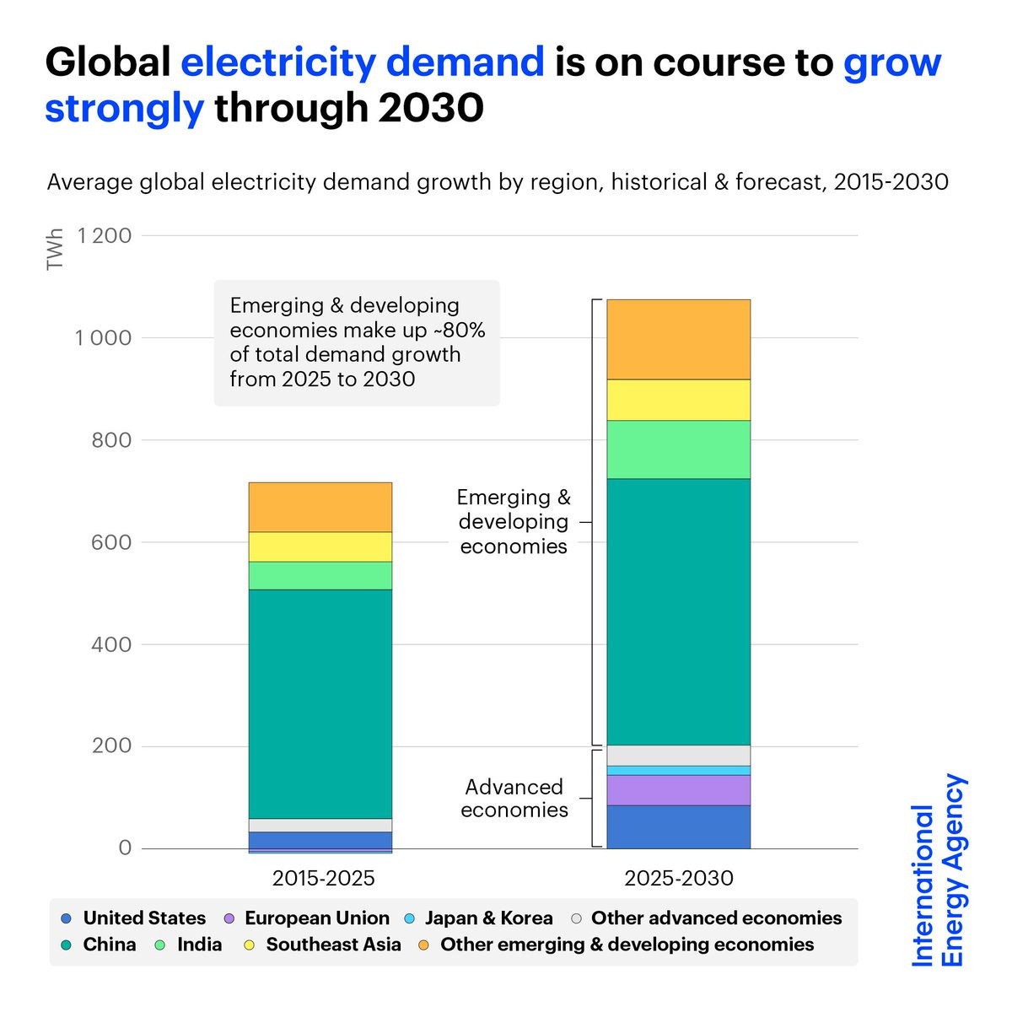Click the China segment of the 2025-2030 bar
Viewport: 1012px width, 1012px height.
pos(678,611)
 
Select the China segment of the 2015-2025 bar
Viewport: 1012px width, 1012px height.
pos(320,703)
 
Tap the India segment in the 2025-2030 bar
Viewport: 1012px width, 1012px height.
pos(678,449)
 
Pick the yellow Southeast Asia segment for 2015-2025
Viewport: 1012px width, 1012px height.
pos(320,546)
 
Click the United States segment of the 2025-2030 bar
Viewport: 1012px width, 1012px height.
pos(678,826)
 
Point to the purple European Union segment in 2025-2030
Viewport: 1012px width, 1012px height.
pos(678,790)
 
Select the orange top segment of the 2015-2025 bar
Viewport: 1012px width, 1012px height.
pos(320,507)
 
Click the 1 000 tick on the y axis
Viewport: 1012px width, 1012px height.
pos(104,338)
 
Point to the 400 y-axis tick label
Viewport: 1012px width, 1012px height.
pos(111,644)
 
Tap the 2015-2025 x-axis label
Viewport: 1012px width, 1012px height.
pos(323,878)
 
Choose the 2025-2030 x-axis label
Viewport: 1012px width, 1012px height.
pos(679,878)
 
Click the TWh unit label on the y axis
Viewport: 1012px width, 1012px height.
pos(56,250)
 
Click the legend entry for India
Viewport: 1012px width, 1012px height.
pos(199,945)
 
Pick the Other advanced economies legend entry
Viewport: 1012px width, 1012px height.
pos(716,918)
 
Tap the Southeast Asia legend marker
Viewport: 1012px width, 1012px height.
pos(249,945)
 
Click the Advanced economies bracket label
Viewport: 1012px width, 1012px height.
pos(514,798)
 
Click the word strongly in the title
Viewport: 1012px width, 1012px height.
pos(124,108)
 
